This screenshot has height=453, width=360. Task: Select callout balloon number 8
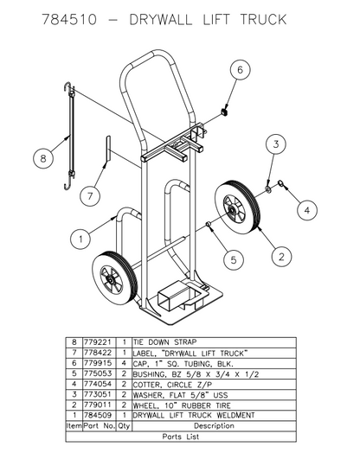(41, 157)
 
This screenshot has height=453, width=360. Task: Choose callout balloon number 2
(279, 255)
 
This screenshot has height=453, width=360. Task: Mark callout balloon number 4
(306, 207)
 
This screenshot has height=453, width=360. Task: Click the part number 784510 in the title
(71, 20)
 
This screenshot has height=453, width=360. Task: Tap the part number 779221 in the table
(101, 342)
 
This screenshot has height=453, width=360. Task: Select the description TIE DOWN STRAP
(165, 342)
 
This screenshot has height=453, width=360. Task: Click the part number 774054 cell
(101, 384)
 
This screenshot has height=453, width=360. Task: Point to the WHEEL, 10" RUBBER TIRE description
(186, 405)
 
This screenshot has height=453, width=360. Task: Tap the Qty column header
(125, 425)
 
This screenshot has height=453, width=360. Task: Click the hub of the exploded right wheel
(231, 208)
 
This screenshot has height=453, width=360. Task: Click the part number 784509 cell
(101, 415)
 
